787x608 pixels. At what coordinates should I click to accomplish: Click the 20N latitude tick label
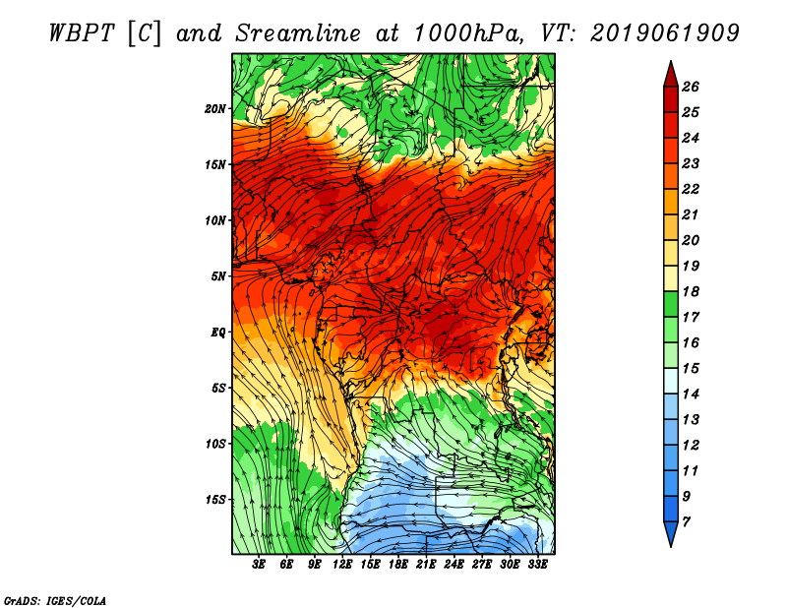[x=215, y=108]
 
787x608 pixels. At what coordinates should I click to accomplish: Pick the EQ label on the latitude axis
[x=218, y=333]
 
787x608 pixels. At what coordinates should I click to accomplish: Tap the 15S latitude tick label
[x=215, y=500]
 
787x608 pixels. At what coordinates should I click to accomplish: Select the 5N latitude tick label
[x=218, y=276]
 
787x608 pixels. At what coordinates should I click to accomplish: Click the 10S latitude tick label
[x=215, y=444]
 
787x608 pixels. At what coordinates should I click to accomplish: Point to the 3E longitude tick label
[x=260, y=565]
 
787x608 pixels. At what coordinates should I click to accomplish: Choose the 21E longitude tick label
[x=426, y=565]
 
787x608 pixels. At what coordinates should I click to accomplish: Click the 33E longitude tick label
[x=537, y=565]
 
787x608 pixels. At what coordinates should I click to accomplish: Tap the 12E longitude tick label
[x=343, y=565]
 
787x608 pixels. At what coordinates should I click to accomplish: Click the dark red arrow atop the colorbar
[x=669, y=73]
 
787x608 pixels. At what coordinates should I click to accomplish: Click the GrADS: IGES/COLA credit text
[x=55, y=600]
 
